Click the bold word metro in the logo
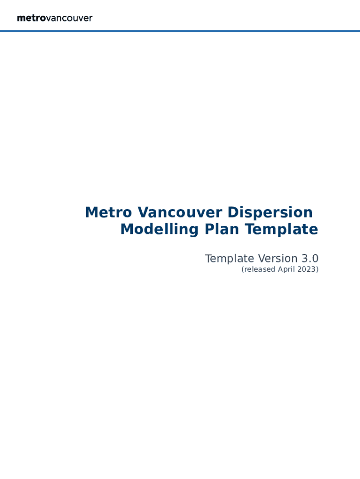31,18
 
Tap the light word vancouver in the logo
69,19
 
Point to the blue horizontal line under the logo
180,31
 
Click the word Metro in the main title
108,212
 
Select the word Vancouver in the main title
180,212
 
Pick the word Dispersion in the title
270,212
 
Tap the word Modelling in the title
159,229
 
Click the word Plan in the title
222,229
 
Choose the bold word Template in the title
281,229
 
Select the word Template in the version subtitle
230,258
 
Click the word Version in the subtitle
278,258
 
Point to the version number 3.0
310,259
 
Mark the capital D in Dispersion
233,212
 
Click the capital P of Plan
209,229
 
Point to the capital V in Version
262,258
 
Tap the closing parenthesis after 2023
317,269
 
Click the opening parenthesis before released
243,269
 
